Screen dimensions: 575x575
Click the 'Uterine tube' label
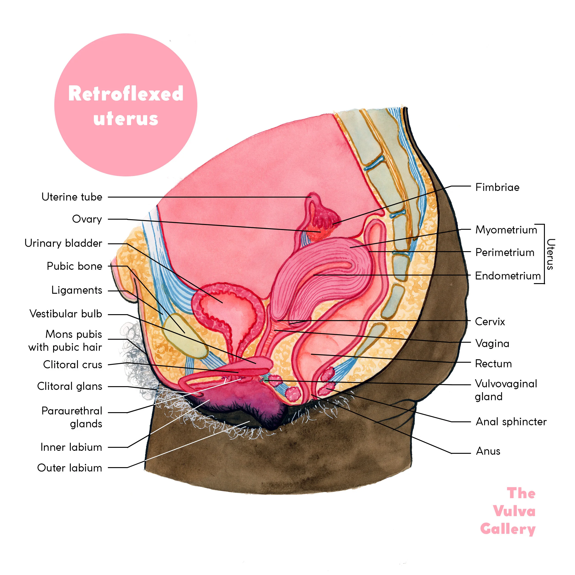pyautogui.click(x=72, y=197)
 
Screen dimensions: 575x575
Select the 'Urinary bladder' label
pyautogui.click(x=63, y=243)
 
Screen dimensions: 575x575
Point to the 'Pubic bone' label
pyautogui.click(x=74, y=266)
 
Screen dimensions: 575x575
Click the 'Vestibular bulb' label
pyautogui.click(x=66, y=314)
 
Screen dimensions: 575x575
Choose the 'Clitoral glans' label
pyautogui.click(x=70, y=386)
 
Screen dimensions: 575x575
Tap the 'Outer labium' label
pyautogui.click(x=70, y=468)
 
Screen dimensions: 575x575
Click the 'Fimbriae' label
pyautogui.click(x=497, y=187)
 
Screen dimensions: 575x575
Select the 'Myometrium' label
pyautogui.click(x=506, y=230)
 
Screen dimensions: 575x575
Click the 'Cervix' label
pyautogui.click(x=490, y=322)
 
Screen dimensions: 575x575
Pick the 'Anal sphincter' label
pyautogui.click(x=511, y=422)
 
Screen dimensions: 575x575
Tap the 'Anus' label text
pyautogui.click(x=488, y=451)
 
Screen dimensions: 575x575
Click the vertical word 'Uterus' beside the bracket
pyautogui.click(x=551, y=254)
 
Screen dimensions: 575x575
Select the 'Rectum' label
pyautogui.click(x=493, y=364)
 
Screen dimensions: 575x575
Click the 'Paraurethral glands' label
pyautogui.click(x=72, y=417)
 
